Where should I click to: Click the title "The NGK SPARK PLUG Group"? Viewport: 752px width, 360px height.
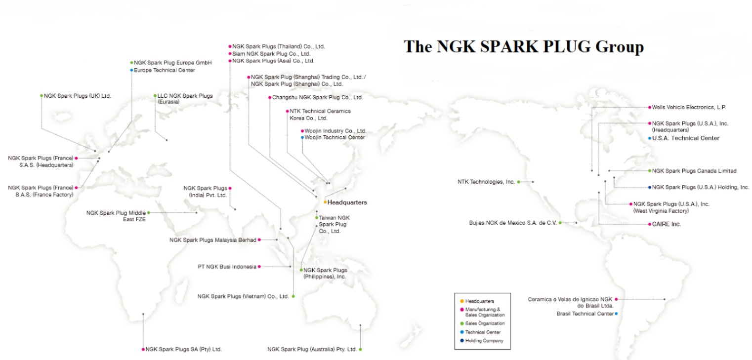coord(524,47)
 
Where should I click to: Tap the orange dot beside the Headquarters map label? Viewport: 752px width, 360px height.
coord(325,202)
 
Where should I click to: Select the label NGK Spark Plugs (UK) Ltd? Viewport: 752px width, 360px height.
coord(78,95)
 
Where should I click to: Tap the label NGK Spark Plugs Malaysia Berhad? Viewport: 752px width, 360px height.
coord(213,240)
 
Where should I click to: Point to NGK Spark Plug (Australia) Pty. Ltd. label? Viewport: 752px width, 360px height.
coord(312,349)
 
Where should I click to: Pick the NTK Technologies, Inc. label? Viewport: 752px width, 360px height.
coord(486,182)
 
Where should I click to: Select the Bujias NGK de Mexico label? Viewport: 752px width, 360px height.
coord(513,223)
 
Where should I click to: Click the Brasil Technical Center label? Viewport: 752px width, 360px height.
coord(585,314)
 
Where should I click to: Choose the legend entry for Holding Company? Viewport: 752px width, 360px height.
coord(484,341)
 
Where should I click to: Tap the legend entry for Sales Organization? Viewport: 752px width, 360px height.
coord(485,323)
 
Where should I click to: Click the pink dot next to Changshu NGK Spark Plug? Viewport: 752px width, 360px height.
coord(269,97)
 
